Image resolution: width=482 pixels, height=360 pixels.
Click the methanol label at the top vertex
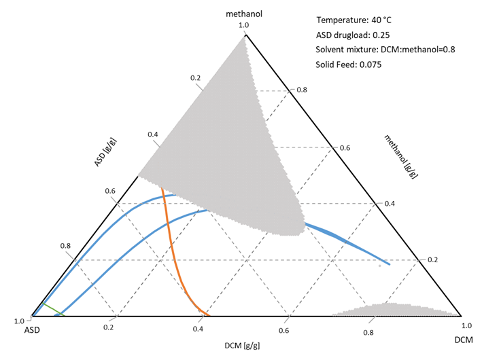coord(245,14)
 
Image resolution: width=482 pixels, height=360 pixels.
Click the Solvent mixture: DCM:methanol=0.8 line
coord(377,50)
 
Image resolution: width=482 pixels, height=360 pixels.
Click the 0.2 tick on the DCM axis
coord(109,327)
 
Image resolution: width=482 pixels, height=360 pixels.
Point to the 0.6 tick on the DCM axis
coord(284,331)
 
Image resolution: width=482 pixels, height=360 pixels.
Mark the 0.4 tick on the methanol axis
coord(389,203)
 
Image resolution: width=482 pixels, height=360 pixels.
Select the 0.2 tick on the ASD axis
coord(196,77)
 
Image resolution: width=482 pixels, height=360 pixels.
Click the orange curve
coord(173,251)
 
